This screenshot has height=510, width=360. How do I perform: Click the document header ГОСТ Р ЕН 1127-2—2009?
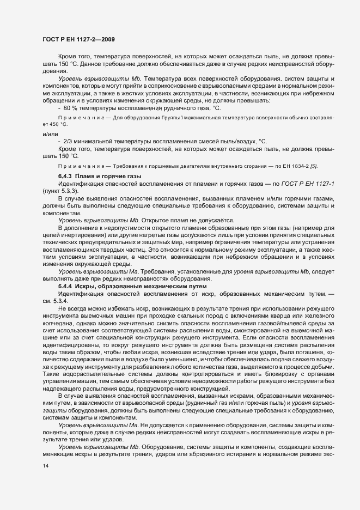coord(78,39)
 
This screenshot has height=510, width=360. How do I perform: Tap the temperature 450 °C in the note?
coord(53,124)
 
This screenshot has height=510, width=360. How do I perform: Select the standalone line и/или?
coord(50,133)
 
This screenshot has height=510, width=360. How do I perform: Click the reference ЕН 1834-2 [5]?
coord(297,166)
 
